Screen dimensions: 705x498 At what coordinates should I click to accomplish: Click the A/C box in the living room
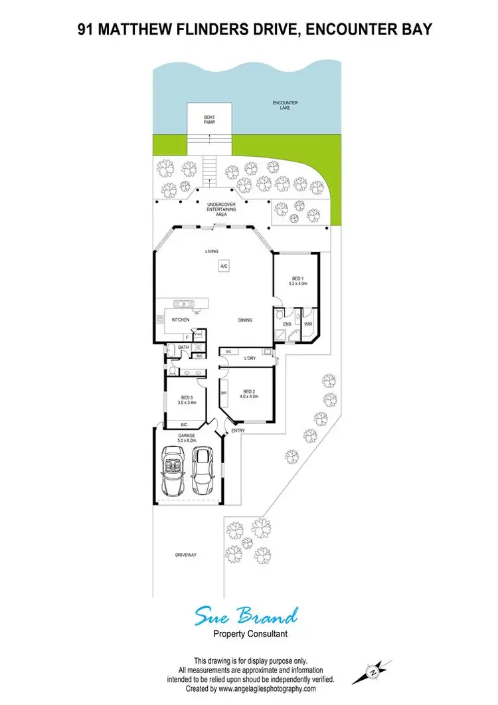tap(224, 266)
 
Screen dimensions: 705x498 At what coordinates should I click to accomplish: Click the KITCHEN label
tap(181, 320)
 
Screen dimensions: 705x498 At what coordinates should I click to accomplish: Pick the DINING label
tap(245, 320)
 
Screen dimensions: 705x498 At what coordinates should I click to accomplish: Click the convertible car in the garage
tap(173, 470)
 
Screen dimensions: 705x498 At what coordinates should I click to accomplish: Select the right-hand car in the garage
tap(203, 472)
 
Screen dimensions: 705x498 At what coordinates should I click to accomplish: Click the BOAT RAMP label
tap(209, 120)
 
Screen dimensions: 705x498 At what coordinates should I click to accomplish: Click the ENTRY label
tap(238, 431)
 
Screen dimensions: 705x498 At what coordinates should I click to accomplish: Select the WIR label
tap(308, 324)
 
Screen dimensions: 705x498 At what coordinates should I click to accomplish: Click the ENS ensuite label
tap(287, 324)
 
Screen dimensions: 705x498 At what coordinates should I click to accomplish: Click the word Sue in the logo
tap(212, 616)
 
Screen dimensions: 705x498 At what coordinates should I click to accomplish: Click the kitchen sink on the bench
tap(182, 304)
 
